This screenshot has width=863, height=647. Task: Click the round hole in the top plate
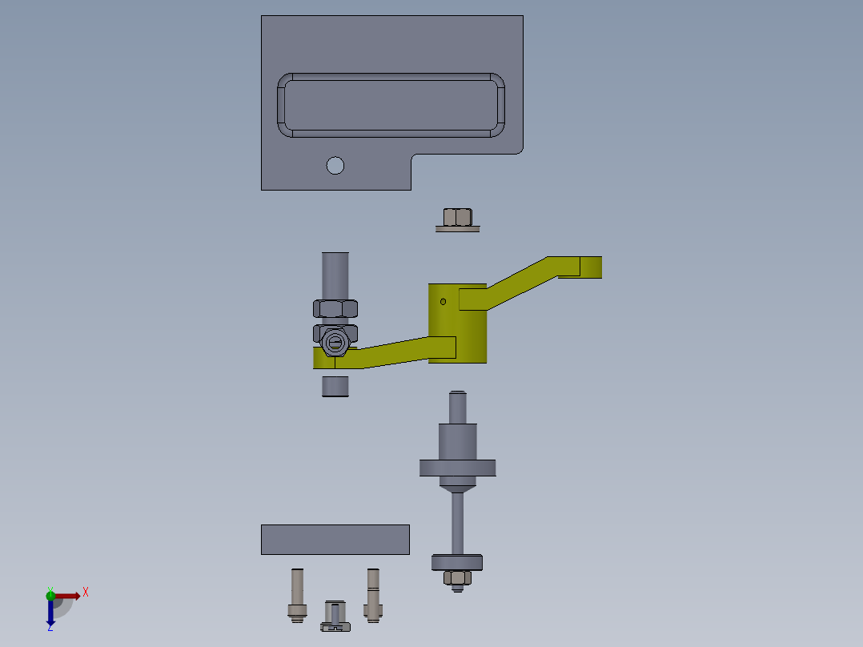[335, 166]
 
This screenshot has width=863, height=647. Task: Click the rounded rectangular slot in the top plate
[391, 106]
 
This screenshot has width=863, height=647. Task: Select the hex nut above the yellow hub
[457, 216]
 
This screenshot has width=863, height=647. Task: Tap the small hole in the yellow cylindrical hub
[444, 302]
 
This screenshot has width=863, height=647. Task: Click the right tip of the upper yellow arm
[592, 267]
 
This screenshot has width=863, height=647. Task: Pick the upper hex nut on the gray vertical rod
[335, 307]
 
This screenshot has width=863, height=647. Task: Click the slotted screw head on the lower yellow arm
[335, 344]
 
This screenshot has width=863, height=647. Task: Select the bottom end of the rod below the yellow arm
[335, 387]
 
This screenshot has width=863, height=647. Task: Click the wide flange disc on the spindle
[457, 467]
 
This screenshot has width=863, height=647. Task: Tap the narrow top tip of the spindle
[457, 397]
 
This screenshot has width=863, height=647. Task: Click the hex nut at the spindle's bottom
[457, 577]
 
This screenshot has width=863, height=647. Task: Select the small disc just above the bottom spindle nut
[457, 562]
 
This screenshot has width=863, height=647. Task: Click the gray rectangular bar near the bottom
[335, 540]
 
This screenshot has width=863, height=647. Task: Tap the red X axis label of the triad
[85, 593]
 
